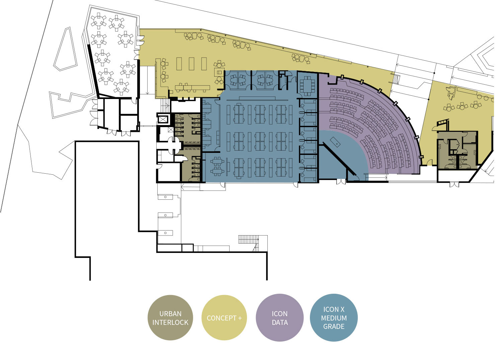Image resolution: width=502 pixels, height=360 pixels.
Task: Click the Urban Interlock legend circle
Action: (x=170, y=318)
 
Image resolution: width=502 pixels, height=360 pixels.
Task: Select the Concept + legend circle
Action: (x=224, y=318)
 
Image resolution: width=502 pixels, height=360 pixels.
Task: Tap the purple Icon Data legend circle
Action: (x=280, y=318)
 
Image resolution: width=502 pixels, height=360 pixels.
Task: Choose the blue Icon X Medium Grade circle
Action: (x=334, y=318)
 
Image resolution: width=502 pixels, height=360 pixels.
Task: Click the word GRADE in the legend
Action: (x=334, y=327)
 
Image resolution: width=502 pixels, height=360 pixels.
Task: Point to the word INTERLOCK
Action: (x=170, y=323)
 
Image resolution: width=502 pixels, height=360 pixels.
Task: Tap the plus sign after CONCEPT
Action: (x=240, y=318)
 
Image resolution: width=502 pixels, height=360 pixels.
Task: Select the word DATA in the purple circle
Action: (x=280, y=323)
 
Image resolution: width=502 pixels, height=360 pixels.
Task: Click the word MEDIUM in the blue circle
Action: (x=334, y=318)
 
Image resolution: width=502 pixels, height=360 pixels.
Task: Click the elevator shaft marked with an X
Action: (x=163, y=119)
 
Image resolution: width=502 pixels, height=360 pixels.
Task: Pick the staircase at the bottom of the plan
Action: (x=249, y=239)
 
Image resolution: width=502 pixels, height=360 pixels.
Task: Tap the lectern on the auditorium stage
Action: (x=335, y=142)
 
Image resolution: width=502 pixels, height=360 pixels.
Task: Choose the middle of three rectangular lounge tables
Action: (x=191, y=64)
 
